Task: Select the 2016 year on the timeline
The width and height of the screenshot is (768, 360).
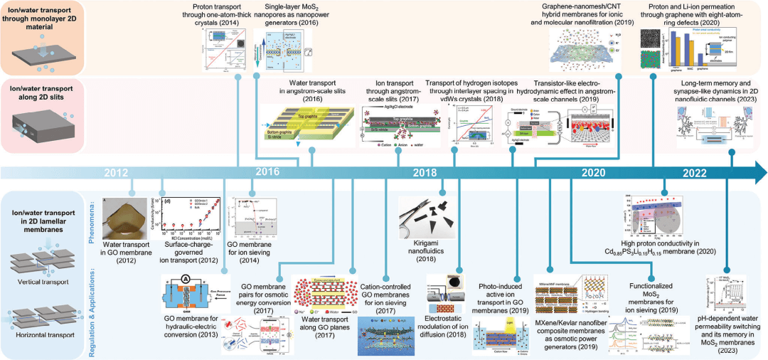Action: [267, 173]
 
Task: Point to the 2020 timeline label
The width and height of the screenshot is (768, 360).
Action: [592, 173]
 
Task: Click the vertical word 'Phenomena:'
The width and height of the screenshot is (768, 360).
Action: [93, 218]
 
